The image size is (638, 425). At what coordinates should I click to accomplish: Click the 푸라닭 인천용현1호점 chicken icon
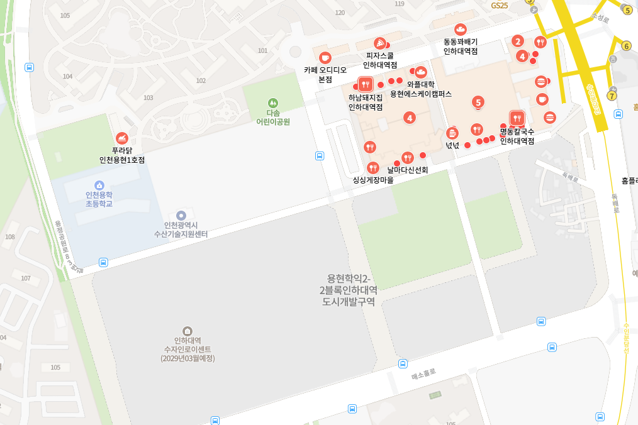click(x=122, y=138)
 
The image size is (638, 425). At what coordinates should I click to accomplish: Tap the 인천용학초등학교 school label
click(x=99, y=199)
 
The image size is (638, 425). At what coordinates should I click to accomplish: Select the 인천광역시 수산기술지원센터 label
click(x=181, y=229)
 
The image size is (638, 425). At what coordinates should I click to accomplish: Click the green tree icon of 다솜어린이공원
click(x=272, y=102)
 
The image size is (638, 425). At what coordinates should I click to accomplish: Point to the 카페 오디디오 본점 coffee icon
click(x=325, y=58)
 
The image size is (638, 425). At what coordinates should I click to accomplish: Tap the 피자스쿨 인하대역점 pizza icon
click(x=380, y=43)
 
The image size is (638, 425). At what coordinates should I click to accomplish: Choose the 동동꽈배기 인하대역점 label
click(x=461, y=47)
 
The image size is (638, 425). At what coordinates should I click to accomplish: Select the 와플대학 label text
click(x=421, y=84)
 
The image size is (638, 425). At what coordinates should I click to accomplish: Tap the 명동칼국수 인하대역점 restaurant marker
click(x=517, y=118)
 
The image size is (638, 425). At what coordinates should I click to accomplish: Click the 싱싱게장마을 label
click(x=373, y=180)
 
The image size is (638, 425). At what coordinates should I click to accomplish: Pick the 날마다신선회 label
click(x=408, y=170)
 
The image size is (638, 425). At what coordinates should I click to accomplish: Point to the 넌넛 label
click(x=452, y=145)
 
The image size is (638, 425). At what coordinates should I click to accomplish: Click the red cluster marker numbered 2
click(x=518, y=41)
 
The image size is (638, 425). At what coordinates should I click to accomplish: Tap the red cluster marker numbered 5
click(x=479, y=102)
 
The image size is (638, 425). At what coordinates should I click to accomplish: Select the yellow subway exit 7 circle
click(x=612, y=96)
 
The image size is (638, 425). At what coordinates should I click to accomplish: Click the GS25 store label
click(x=500, y=5)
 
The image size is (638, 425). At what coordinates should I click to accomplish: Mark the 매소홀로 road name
click(x=423, y=375)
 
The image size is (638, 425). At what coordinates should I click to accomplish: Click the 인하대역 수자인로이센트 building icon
click(x=187, y=331)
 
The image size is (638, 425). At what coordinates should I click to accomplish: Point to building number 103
click(x=148, y=97)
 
